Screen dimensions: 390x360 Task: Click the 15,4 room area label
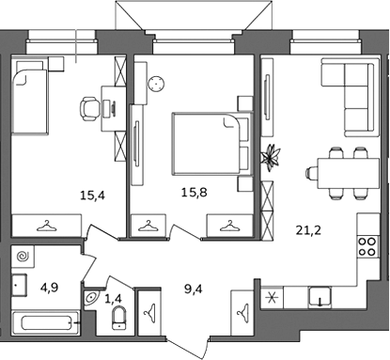(x=93, y=196)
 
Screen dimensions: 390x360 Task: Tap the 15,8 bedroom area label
(x=195, y=192)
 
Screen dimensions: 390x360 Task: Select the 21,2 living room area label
(x=308, y=230)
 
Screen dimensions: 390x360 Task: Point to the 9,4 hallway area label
(x=194, y=290)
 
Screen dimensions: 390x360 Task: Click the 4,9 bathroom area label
(x=50, y=287)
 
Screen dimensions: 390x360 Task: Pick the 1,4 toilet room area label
(x=113, y=299)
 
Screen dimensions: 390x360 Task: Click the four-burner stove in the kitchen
(x=367, y=246)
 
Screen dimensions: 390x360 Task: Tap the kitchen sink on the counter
(x=320, y=297)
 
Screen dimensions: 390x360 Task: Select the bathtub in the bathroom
(x=46, y=322)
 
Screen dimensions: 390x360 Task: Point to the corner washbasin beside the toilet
(x=91, y=298)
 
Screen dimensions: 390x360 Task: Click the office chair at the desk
(x=88, y=108)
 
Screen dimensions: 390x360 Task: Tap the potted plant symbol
(x=271, y=158)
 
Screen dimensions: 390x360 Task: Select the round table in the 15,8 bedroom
(x=156, y=84)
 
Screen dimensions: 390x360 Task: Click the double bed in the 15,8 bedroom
(x=212, y=144)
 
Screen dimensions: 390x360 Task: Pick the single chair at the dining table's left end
(x=312, y=173)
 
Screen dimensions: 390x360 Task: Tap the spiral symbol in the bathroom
(x=23, y=257)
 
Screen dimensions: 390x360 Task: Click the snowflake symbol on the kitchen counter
(x=272, y=297)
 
